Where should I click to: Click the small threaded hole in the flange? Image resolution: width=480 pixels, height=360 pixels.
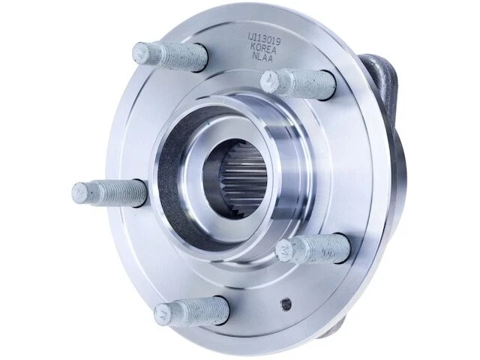tap(286, 304)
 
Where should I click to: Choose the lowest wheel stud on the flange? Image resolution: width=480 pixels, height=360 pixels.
tap(191, 311)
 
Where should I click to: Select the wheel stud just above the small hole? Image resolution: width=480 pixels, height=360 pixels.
tap(313, 249)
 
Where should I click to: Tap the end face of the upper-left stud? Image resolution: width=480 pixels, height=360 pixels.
tap(141, 52)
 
